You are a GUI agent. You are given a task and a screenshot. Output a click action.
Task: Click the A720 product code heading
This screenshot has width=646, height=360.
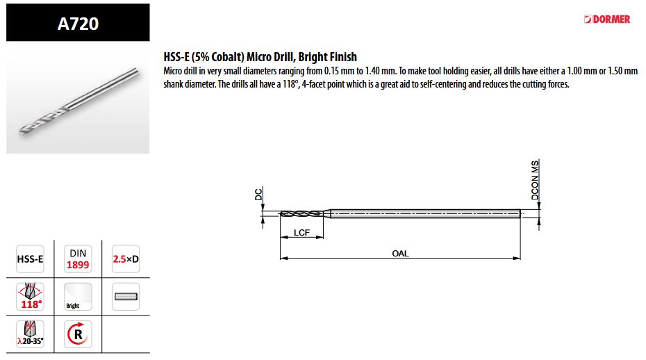78,24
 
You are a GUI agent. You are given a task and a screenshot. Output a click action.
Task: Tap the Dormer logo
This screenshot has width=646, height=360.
607,19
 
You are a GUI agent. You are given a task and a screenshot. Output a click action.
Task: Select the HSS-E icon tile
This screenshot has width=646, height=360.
30,259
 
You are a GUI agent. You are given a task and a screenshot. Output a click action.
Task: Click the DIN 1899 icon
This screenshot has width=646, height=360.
78,259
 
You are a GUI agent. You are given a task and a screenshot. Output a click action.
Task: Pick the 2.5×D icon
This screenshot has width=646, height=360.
126,259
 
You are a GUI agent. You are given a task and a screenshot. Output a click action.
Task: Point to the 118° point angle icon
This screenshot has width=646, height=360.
30,297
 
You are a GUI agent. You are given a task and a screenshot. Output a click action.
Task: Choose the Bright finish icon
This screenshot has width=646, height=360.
78,297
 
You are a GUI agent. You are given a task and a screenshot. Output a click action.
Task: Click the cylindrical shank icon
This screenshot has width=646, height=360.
126,297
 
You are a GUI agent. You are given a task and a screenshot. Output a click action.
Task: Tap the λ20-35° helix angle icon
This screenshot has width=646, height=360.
30,334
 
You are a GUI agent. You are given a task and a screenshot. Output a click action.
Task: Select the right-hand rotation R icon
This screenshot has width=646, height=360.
78,334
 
